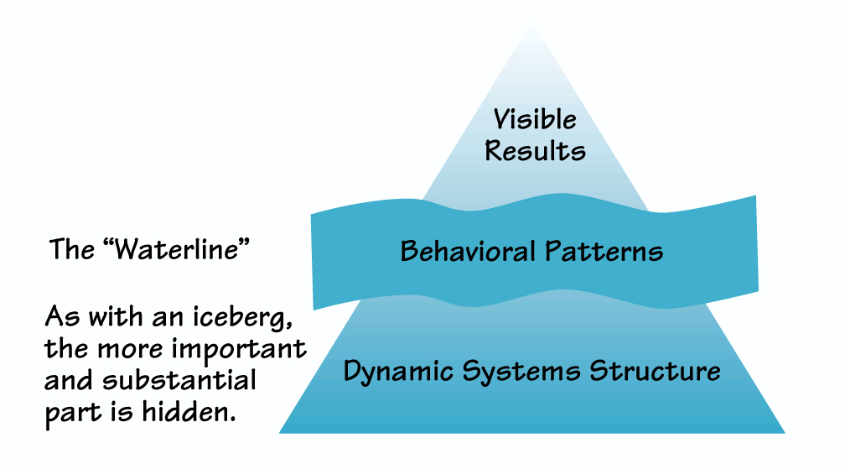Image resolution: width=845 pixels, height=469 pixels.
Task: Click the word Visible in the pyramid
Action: (x=534, y=119)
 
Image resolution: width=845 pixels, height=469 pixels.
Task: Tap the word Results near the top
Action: (x=534, y=151)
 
